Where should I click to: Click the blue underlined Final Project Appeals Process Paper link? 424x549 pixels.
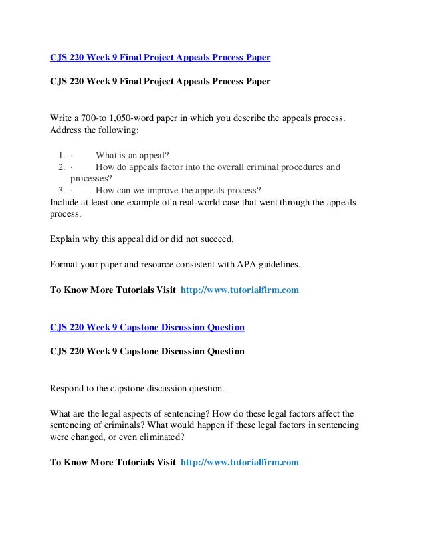160,58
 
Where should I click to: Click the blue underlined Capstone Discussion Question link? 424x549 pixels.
147,328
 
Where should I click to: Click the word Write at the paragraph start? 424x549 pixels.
63,118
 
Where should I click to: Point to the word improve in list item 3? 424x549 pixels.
167,189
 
